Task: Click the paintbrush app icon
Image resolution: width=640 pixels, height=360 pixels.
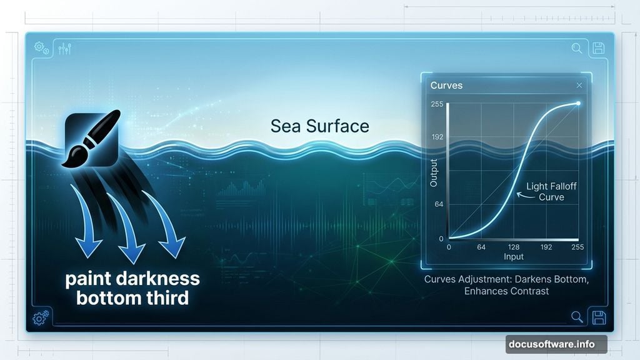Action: pyautogui.click(x=91, y=139)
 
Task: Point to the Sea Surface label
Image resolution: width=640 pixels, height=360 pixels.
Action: pyautogui.click(x=319, y=126)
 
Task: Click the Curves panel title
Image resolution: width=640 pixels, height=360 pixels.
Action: pyautogui.click(x=446, y=85)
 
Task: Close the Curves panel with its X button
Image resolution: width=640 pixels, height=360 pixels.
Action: pyautogui.click(x=579, y=85)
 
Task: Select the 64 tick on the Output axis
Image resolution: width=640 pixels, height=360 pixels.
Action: pyautogui.click(x=439, y=204)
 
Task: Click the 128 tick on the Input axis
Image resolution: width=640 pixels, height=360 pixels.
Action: pyautogui.click(x=514, y=247)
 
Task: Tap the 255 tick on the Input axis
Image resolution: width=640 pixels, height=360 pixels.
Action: pyautogui.click(x=577, y=247)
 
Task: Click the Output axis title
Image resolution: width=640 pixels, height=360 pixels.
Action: pyautogui.click(x=434, y=172)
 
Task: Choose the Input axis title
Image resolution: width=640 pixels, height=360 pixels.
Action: pyautogui.click(x=514, y=257)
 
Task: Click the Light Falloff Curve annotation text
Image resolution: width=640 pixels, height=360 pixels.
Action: pyautogui.click(x=551, y=191)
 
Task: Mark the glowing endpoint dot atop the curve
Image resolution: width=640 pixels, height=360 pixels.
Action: pyautogui.click(x=578, y=104)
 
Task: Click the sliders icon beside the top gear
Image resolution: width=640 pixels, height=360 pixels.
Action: pyautogui.click(x=64, y=47)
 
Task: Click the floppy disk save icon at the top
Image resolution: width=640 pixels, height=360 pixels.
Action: pyautogui.click(x=597, y=48)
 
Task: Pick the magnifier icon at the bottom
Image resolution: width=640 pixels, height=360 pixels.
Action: pyautogui.click(x=577, y=317)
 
